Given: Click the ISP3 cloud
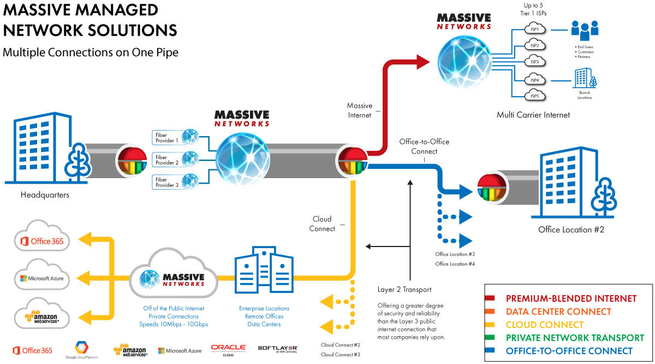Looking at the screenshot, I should click(x=534, y=62).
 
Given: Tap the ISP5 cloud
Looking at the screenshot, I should click(x=534, y=97).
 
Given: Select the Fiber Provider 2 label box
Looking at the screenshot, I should click(x=167, y=160).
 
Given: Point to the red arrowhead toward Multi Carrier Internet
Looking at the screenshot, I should click(x=422, y=62).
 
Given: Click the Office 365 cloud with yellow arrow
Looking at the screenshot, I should click(x=42, y=240).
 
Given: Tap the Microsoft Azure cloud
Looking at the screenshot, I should click(x=42, y=278).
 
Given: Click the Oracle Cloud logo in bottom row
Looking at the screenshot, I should click(x=229, y=350).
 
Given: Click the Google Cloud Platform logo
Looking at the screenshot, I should click(x=81, y=350).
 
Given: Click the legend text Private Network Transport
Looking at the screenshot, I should click(x=575, y=338).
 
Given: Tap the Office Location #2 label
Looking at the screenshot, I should click(x=571, y=230).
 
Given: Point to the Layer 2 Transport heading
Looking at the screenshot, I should click(x=404, y=290).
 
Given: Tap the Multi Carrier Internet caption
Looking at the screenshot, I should click(x=533, y=115).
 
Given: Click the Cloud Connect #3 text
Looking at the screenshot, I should click(x=340, y=355).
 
